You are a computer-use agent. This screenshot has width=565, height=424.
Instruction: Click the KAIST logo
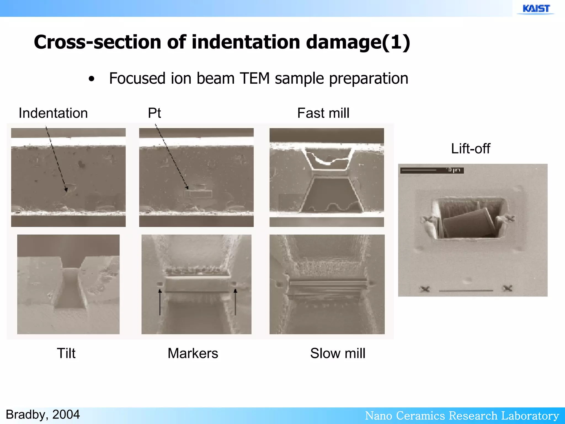tap(536, 9)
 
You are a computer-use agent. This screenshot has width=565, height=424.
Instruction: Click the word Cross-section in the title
tap(97, 42)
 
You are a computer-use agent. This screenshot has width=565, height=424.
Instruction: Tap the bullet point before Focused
tap(92, 79)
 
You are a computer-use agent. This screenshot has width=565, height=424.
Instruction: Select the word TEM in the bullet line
tap(255, 78)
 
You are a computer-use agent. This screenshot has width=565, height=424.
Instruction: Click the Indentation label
tap(53, 113)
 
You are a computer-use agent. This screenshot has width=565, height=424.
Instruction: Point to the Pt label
tap(154, 113)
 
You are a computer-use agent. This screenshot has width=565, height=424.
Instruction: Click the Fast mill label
tap(323, 113)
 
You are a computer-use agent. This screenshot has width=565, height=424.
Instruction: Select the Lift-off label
tap(470, 149)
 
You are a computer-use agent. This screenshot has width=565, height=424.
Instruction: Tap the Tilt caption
tap(66, 353)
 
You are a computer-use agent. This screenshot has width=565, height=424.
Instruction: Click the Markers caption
tap(193, 353)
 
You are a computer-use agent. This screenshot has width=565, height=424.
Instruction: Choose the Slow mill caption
tap(338, 353)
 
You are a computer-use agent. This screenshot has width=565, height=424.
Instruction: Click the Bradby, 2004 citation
tap(43, 415)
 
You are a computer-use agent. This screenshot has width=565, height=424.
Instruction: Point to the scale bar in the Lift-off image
tap(432, 170)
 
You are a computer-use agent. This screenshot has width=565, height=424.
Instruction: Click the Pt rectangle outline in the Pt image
tap(198, 194)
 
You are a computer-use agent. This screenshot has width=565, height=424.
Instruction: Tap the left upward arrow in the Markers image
tap(160, 302)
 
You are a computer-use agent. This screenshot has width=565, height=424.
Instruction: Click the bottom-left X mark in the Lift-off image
tap(425, 289)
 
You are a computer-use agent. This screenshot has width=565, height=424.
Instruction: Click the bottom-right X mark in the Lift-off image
tap(507, 288)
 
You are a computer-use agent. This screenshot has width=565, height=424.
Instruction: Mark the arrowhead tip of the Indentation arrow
tap(66, 191)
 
